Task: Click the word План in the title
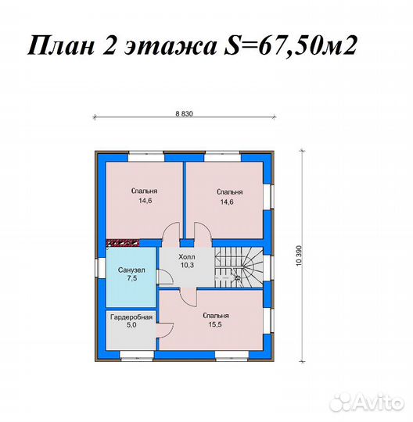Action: click(x=59, y=48)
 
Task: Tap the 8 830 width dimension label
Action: click(x=184, y=113)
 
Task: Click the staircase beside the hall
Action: click(x=238, y=266)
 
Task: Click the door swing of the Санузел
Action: click(x=163, y=277)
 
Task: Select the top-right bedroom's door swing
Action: click(x=199, y=232)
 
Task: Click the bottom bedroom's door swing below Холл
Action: click(x=189, y=295)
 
